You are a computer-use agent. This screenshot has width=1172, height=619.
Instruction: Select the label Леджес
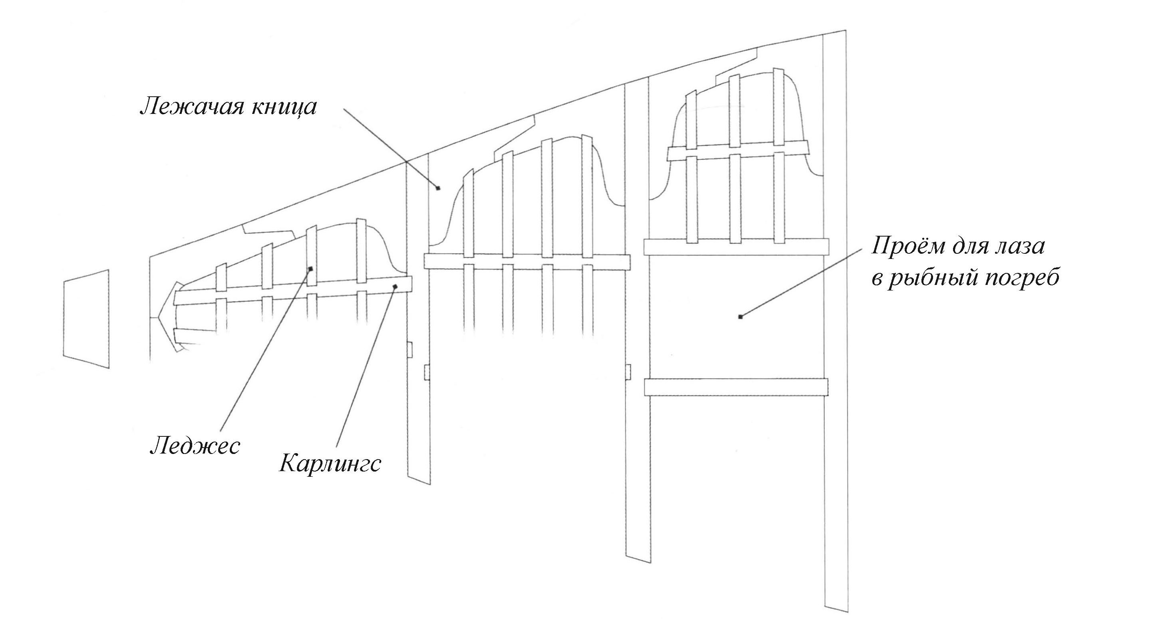coord(195,446)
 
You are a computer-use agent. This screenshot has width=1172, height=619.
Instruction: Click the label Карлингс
coord(330,464)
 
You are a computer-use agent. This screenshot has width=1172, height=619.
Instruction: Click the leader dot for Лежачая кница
coord(438,187)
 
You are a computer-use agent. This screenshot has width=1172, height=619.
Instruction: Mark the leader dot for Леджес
coord(311,269)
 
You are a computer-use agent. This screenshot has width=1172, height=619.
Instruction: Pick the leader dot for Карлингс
coord(395,286)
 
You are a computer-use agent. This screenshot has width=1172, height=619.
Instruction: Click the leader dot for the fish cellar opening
coord(740,316)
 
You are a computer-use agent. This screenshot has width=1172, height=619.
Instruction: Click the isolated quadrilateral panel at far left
coord(86,318)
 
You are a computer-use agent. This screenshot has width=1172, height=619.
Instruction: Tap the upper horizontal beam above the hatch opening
coord(736,247)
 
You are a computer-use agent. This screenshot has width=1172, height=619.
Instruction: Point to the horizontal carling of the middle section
coord(526,261)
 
